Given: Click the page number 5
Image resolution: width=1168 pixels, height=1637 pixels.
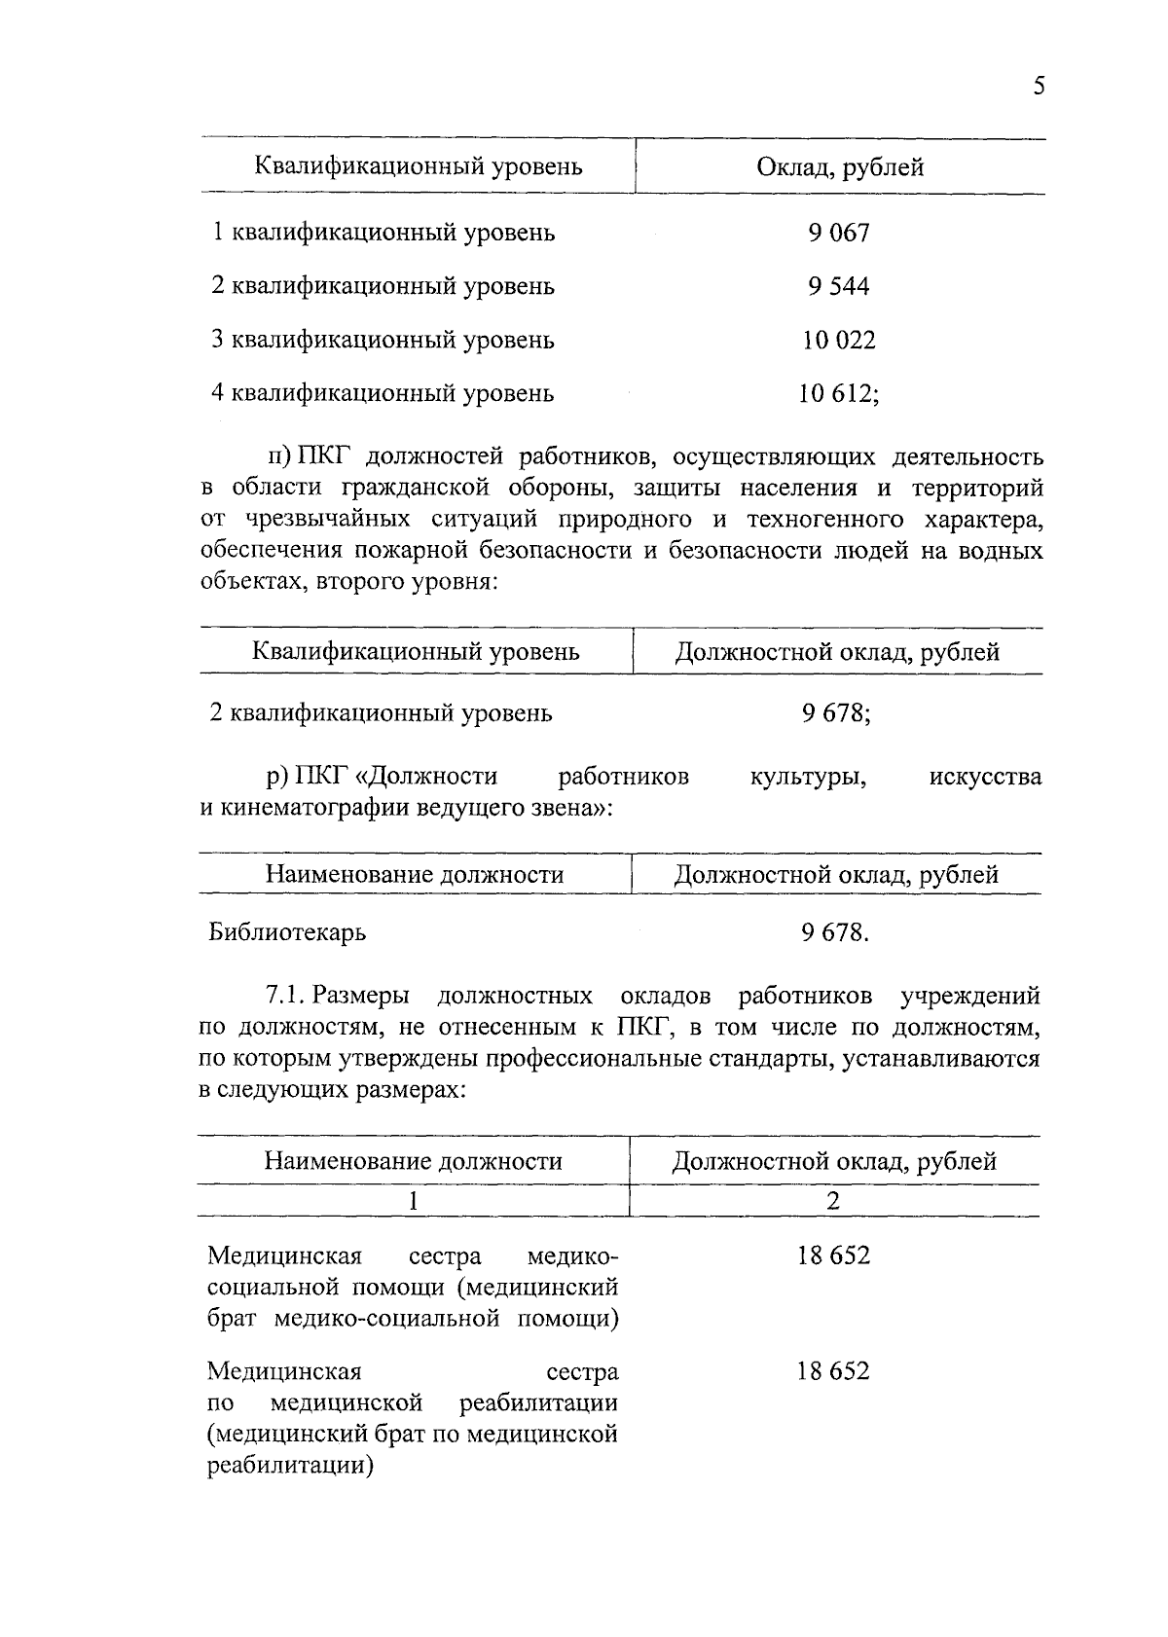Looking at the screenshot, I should pyautogui.click(x=1039, y=87).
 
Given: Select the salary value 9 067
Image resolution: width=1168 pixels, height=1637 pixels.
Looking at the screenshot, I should pyautogui.click(x=838, y=233).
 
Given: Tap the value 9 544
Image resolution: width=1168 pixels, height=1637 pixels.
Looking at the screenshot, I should pyautogui.click(x=838, y=286).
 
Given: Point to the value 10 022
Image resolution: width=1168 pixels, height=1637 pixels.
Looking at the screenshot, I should pyautogui.click(x=838, y=340).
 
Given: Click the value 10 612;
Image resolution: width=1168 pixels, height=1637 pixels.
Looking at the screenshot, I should pyautogui.click(x=839, y=393).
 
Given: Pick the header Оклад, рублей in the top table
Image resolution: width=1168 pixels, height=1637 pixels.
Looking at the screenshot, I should pyautogui.click(x=840, y=167).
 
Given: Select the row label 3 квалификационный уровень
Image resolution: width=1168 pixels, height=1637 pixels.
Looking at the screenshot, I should pyautogui.click(x=383, y=340).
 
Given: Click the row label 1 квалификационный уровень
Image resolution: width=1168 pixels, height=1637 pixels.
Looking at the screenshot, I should pyautogui.click(x=383, y=233).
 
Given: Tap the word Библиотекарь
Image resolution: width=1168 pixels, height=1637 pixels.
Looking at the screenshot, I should pyautogui.click(x=287, y=932).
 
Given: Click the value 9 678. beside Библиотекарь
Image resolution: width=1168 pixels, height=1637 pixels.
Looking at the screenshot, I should pyautogui.click(x=835, y=932).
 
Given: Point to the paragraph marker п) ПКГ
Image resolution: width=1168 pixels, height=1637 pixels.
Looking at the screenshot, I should pyautogui.click(x=301, y=456).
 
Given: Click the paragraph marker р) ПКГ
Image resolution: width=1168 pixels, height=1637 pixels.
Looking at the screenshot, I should pyautogui.click(x=301, y=777).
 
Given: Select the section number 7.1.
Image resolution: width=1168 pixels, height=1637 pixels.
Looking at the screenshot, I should pyautogui.click(x=287, y=996).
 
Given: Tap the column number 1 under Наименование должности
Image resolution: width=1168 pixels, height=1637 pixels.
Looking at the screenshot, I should pyautogui.click(x=414, y=1201).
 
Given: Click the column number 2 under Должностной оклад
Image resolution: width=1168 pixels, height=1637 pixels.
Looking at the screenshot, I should pyautogui.click(x=833, y=1201).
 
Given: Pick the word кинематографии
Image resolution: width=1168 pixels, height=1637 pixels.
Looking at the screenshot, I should pyautogui.click(x=315, y=808).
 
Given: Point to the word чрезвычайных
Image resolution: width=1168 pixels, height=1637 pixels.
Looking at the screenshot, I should pyautogui.click(x=316, y=520).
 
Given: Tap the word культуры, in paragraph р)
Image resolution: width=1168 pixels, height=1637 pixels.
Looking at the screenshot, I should pyautogui.click(x=808, y=777).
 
